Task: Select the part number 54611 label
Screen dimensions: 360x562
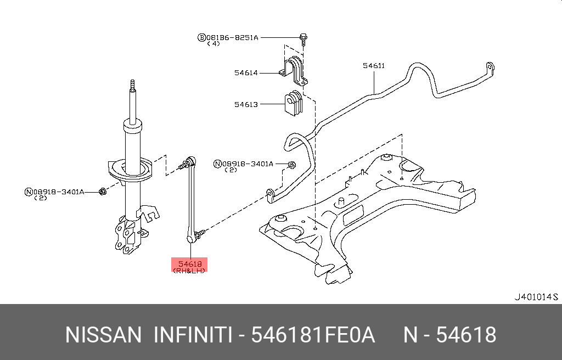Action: coord(374,66)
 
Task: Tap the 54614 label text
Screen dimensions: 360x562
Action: coord(246,72)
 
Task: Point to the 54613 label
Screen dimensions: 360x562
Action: coord(246,104)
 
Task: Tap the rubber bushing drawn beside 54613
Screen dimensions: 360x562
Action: coord(293,104)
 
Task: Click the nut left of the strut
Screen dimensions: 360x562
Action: coord(102,191)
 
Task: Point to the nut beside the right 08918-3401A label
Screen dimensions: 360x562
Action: coord(292,164)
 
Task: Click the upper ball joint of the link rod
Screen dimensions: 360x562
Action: coord(190,162)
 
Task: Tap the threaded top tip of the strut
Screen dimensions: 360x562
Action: coord(132,85)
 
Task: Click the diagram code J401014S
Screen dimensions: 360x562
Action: coord(535,297)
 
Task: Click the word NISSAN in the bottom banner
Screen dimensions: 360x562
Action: coord(103,335)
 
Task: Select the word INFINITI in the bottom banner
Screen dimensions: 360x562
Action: coord(192,335)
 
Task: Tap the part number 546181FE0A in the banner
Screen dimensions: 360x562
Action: coord(313,335)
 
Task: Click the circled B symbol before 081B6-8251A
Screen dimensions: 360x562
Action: coord(202,37)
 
